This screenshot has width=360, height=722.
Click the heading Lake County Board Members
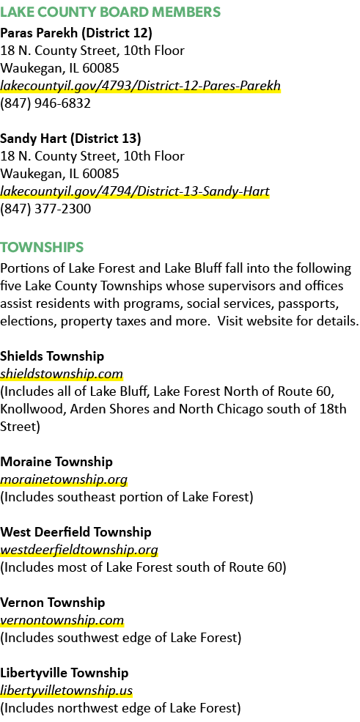111,12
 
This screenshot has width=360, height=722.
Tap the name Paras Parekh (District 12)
76,33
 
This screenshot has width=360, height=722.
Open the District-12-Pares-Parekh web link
141,86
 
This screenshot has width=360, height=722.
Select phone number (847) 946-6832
45,103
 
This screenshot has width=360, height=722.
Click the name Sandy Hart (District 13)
71,139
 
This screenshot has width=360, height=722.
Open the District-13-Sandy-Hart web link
135,191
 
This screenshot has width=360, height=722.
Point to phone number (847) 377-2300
45,209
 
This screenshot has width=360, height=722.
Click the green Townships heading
42,247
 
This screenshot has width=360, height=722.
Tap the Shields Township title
52,356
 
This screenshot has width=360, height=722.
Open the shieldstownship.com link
62,373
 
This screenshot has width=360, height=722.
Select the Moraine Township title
56,461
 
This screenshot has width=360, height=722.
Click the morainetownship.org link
64,479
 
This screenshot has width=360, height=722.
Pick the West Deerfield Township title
76,532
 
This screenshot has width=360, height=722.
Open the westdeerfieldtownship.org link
79,550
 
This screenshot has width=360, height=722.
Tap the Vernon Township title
53,603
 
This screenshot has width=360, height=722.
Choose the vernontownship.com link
62,620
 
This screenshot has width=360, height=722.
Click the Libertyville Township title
64,673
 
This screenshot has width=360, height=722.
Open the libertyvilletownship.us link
66,690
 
